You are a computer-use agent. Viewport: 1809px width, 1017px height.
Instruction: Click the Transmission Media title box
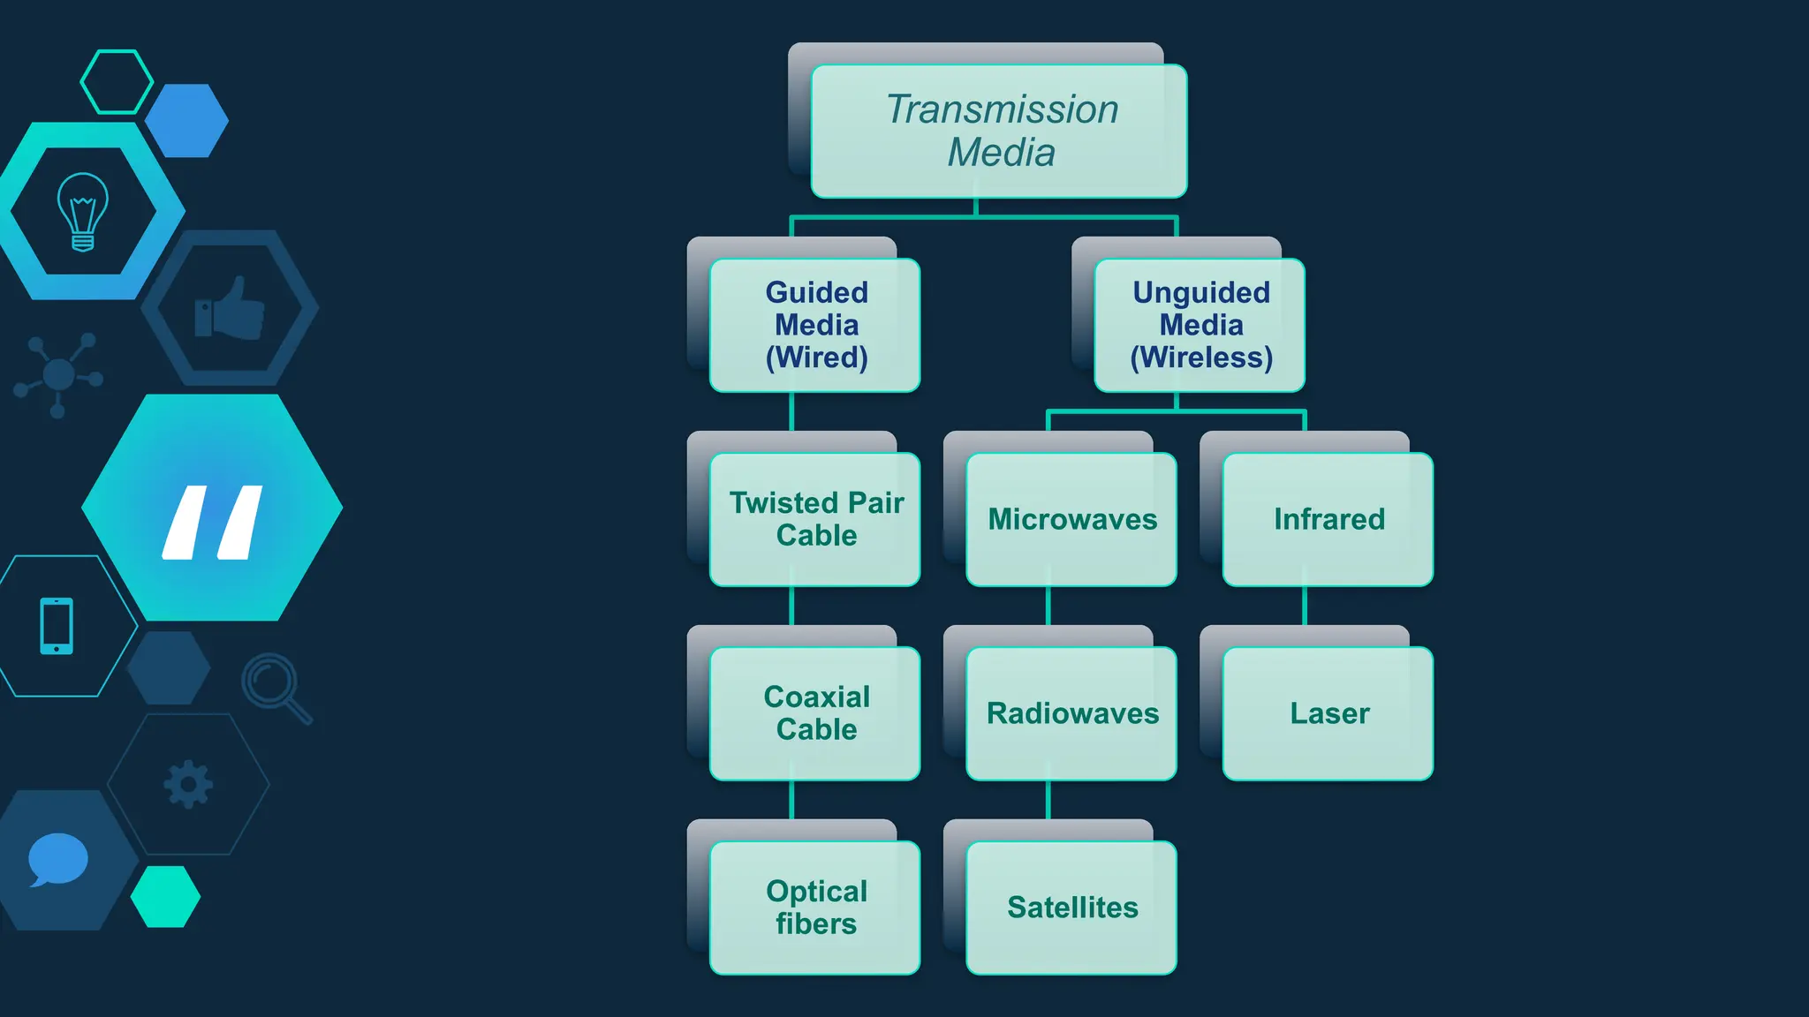999,131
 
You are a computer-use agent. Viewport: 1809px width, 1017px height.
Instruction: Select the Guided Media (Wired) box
815,325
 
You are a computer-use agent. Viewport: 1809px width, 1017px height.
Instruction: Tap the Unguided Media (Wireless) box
1200,325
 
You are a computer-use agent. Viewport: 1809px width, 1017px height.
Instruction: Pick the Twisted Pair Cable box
815,519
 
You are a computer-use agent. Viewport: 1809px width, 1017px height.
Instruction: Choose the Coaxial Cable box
815,713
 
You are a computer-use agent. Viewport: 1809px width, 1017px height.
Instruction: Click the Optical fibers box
815,908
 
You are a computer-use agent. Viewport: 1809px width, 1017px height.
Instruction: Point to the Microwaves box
1071,519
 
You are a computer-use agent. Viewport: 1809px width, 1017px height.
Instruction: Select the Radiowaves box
1071,713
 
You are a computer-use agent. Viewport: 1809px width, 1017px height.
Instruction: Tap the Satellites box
1071,908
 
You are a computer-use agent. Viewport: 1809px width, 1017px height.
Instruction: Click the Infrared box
1328,519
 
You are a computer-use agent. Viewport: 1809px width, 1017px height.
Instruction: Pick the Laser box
1328,713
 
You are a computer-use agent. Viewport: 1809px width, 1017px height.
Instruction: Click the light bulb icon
83,212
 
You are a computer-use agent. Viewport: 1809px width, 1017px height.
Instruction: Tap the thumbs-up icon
231,308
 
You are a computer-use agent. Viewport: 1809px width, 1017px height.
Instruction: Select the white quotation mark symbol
213,522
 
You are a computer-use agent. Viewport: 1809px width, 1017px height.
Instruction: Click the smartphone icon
57,626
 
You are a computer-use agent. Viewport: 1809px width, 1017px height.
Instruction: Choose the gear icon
188,784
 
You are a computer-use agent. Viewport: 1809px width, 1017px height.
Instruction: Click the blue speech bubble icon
58,859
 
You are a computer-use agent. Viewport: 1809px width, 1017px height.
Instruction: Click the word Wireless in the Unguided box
1201,358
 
